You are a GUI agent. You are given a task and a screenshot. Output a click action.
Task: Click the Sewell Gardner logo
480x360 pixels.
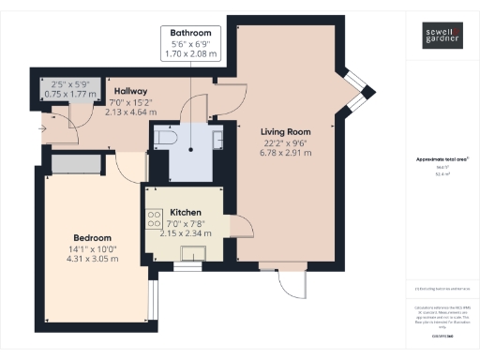tap(440, 38)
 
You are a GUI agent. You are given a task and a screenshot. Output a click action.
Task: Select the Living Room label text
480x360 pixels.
tap(285, 131)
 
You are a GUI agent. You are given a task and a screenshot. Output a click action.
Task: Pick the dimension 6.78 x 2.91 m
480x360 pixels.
tap(285, 153)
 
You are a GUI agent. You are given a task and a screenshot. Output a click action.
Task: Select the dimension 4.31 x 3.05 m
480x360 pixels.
tap(93, 259)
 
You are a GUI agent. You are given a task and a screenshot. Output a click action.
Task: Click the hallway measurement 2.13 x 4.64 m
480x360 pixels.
tap(130, 111)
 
